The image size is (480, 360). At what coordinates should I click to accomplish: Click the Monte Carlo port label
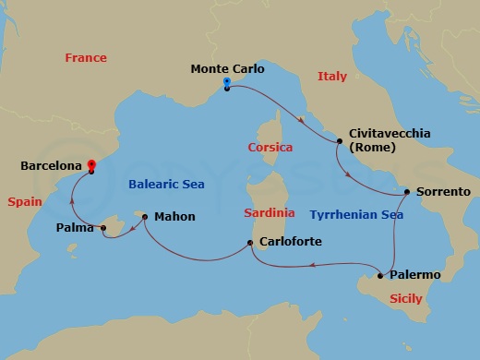(227, 68)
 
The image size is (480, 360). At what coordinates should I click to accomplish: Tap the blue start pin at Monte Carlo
(226, 84)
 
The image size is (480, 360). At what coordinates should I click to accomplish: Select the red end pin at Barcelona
(91, 166)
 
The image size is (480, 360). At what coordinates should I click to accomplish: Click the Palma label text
(77, 225)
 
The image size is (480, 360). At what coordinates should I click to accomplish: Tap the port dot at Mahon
(145, 218)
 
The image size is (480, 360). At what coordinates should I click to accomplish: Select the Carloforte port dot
(250, 244)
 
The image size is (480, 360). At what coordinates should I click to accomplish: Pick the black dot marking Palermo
(380, 275)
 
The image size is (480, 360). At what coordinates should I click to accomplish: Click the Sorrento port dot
(404, 192)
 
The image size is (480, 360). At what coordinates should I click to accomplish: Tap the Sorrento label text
(444, 192)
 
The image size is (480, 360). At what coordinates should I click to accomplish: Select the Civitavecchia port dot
(340, 141)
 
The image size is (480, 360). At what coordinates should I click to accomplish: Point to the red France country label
(86, 57)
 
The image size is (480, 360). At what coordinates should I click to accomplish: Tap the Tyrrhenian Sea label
(356, 213)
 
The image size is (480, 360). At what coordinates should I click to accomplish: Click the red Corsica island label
(270, 147)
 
